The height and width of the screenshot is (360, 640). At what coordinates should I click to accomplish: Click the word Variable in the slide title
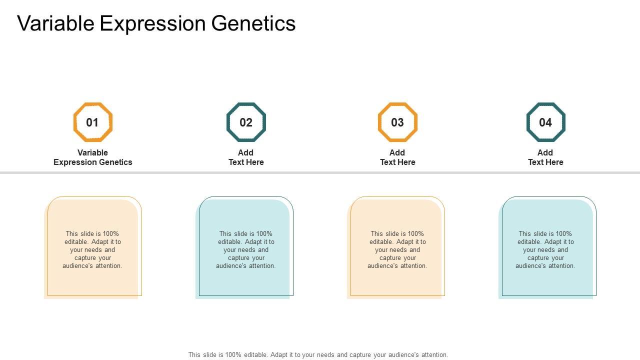pos(55,23)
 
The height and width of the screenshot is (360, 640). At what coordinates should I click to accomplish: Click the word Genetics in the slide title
pos(253,23)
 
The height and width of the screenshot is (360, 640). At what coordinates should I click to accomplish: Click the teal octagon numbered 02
pos(227,122)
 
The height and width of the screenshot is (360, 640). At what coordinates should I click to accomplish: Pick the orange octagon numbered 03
pos(378,122)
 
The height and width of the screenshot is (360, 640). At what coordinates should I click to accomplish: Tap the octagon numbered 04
pos(527,122)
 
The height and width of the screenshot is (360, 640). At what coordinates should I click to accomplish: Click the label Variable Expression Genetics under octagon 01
pos(93,157)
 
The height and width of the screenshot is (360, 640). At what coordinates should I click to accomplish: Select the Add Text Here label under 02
pos(246,157)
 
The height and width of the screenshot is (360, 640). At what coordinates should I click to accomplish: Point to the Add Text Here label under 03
pos(397,157)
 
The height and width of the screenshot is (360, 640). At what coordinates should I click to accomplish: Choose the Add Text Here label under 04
pos(545,157)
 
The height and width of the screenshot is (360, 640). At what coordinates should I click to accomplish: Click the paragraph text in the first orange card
pos(92,249)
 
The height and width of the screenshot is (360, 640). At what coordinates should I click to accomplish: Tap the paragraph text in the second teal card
pos(246,249)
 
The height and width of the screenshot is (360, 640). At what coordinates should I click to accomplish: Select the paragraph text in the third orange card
pos(397,249)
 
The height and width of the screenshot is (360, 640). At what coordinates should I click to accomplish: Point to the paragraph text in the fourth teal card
pos(545,249)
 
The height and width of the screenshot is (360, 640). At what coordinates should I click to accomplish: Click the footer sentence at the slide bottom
pos(318,355)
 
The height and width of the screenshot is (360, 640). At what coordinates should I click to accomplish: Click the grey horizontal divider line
pos(320,172)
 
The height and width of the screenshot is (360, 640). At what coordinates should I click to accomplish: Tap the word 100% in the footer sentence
pos(233,354)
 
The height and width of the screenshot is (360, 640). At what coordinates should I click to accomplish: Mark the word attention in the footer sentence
pos(434,355)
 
